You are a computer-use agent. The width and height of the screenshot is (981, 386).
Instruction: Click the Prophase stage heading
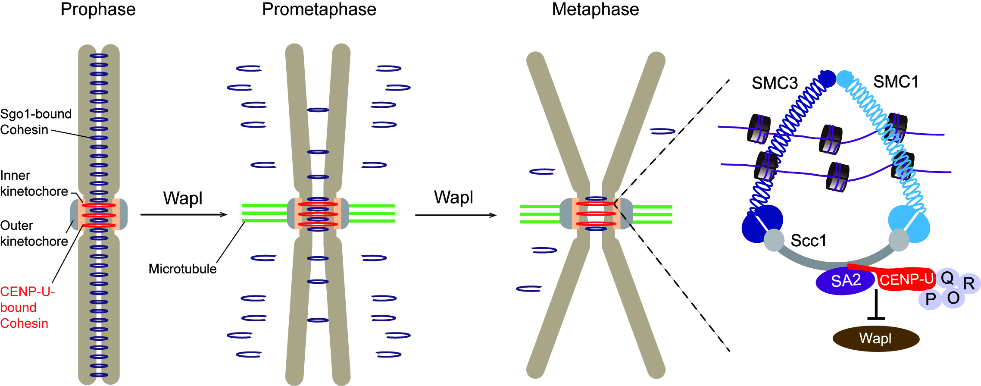point(98,9)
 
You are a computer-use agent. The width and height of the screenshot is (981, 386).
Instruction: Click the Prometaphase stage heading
point(319,9)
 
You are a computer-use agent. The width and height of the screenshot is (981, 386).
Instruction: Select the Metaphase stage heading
point(595,9)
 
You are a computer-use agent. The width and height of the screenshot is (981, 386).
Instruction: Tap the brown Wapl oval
point(876,339)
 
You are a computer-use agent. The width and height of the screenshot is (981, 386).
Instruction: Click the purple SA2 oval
point(845,281)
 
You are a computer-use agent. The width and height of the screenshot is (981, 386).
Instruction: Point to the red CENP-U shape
point(905,279)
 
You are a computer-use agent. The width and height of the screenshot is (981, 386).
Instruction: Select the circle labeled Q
point(947,278)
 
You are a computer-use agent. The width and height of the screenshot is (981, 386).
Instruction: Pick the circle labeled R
point(969,284)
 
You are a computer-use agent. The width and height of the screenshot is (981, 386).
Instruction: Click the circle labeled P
point(930,299)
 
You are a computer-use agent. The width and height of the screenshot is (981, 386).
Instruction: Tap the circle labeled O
point(953,298)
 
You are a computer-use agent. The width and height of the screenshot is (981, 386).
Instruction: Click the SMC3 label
point(775,83)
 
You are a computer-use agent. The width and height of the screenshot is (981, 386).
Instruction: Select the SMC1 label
point(896,82)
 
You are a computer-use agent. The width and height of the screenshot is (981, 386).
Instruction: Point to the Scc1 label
point(809,241)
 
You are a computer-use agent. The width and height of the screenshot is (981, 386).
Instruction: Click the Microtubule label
point(182,269)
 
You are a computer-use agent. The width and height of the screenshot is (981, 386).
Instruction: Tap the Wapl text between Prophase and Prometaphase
point(183,198)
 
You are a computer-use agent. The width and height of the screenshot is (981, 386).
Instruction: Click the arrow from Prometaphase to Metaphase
point(455,215)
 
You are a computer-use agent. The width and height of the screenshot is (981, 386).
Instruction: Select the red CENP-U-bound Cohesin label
point(27,308)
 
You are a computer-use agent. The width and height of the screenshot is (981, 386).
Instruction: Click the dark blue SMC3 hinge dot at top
point(827,78)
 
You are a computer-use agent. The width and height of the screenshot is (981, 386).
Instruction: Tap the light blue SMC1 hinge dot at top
point(845,78)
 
